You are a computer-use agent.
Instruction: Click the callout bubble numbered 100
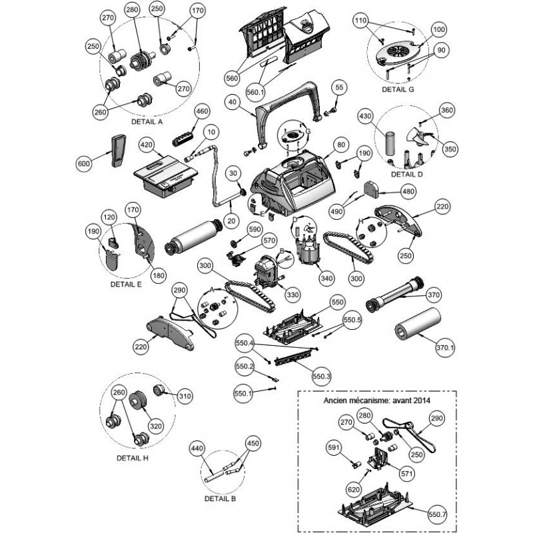point(421,31)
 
